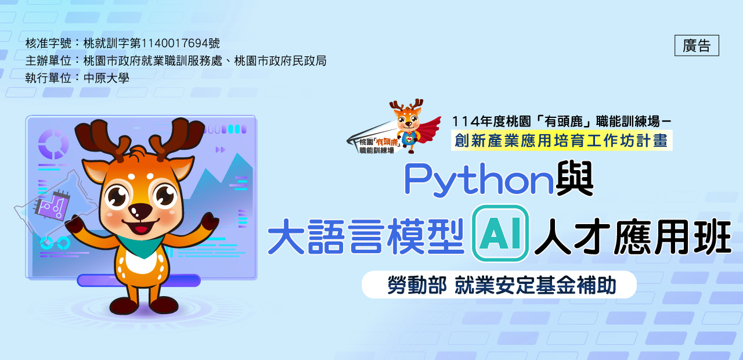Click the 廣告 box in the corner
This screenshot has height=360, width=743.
697,45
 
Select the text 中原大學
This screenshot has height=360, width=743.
106,78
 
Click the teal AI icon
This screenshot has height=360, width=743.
500,233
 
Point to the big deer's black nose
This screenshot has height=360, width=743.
140,211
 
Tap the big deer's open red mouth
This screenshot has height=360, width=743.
140,228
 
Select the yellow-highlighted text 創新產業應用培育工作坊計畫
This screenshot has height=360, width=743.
561,141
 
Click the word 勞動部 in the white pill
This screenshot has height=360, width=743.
417,285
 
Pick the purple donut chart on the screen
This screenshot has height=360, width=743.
53,144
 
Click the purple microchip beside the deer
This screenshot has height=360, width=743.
53,206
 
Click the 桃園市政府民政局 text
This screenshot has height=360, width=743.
280,61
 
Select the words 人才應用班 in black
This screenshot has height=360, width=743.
633,236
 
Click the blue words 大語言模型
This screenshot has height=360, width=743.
366,236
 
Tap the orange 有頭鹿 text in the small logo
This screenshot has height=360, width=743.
387,142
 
